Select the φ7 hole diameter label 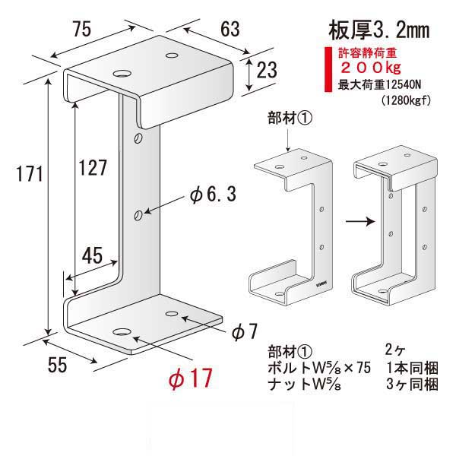245,331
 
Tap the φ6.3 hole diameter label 212,195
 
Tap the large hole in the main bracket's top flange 122,74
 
